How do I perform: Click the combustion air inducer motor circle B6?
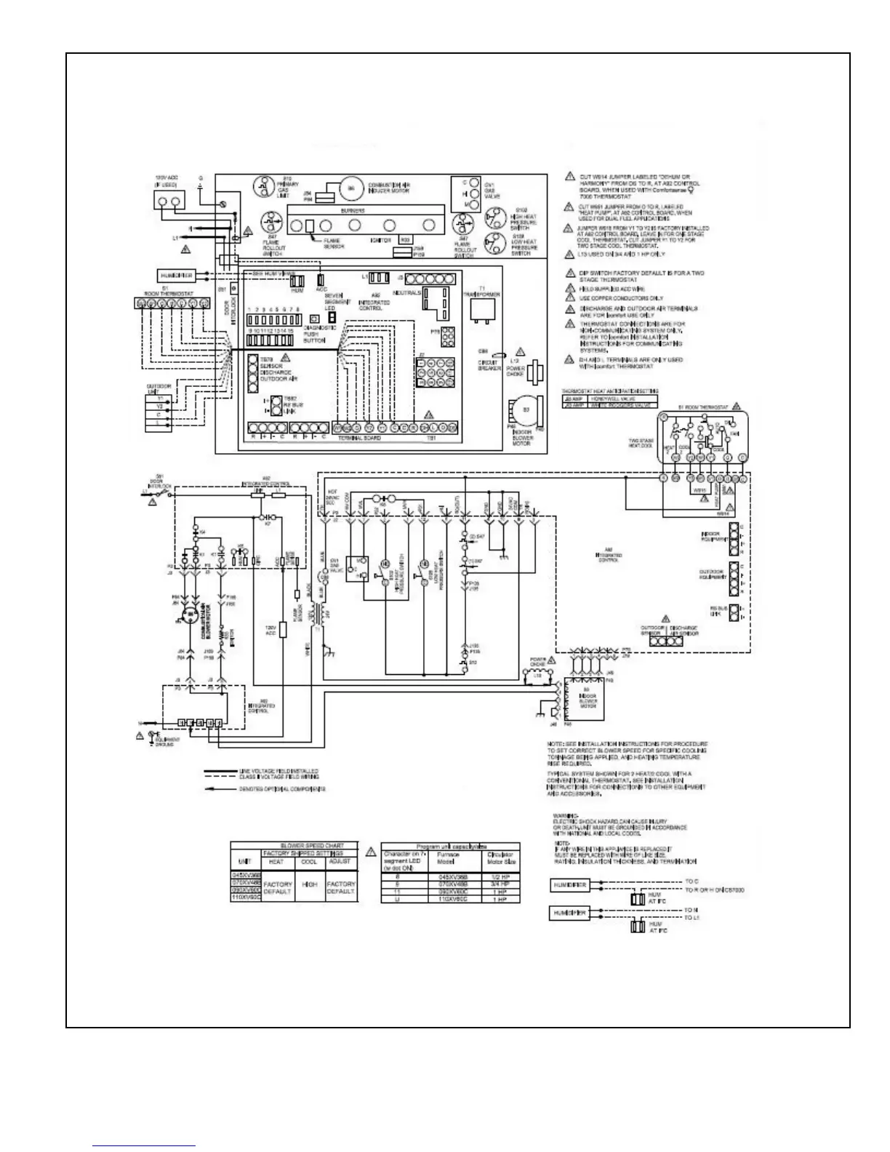coord(353,188)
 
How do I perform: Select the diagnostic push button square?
coord(313,319)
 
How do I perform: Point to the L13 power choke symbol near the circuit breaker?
coord(534,372)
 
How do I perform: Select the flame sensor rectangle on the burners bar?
coord(309,226)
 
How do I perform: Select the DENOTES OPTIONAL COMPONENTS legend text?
coord(282,788)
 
